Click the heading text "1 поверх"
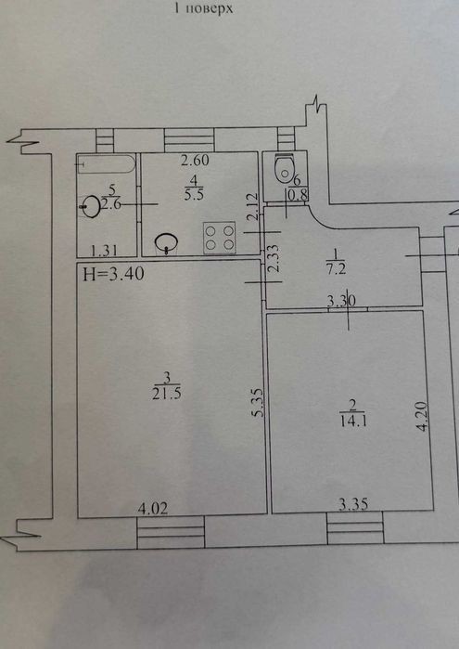[203, 8]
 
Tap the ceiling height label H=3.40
[113, 274]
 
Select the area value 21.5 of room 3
[166, 394]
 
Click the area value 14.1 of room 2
[353, 421]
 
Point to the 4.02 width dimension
[153, 508]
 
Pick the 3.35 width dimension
[353, 504]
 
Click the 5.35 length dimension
[259, 402]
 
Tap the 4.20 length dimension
[421, 416]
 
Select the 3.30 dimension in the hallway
[341, 301]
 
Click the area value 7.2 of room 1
[336, 269]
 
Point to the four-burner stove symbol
[219, 238]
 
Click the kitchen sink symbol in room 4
[166, 242]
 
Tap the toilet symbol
[285, 167]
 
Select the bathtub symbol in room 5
[107, 164]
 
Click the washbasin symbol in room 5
[91, 206]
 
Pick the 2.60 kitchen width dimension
[195, 160]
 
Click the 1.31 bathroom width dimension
[104, 250]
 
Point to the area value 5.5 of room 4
[195, 194]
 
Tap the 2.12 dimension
[253, 206]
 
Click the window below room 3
[171, 532]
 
